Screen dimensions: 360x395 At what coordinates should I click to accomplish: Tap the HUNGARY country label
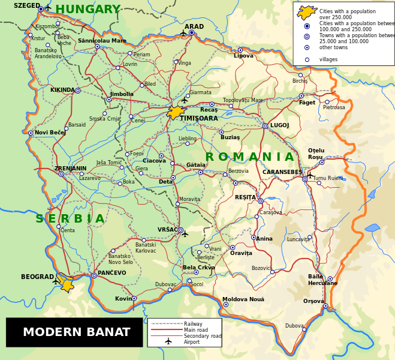[88, 10]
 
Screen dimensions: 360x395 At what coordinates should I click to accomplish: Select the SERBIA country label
[70, 219]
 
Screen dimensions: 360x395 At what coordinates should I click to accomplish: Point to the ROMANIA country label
[249, 157]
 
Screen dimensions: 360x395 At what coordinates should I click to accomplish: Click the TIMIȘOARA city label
[199, 119]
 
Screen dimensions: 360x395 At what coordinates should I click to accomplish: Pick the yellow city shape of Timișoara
[175, 112]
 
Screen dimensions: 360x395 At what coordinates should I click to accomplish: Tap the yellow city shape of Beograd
[66, 283]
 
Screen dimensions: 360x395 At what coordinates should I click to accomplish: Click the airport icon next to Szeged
[48, 8]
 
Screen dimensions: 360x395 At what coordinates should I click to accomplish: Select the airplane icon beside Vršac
[185, 234]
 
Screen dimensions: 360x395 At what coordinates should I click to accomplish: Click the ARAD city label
[194, 27]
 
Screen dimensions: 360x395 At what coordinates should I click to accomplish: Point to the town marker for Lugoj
[265, 126]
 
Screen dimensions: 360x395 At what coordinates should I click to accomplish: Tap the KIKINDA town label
[62, 90]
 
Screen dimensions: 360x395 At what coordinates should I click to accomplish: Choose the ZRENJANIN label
[70, 169]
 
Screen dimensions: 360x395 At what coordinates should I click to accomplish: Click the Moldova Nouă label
[243, 299]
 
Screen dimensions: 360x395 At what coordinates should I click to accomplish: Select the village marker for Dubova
[304, 329]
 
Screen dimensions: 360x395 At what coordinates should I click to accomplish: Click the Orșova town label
[313, 301]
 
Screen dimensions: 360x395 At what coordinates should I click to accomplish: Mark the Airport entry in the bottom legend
[192, 341]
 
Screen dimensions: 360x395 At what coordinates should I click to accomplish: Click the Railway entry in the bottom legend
[193, 324]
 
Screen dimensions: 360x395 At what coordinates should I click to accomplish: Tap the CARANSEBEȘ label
[282, 172]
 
